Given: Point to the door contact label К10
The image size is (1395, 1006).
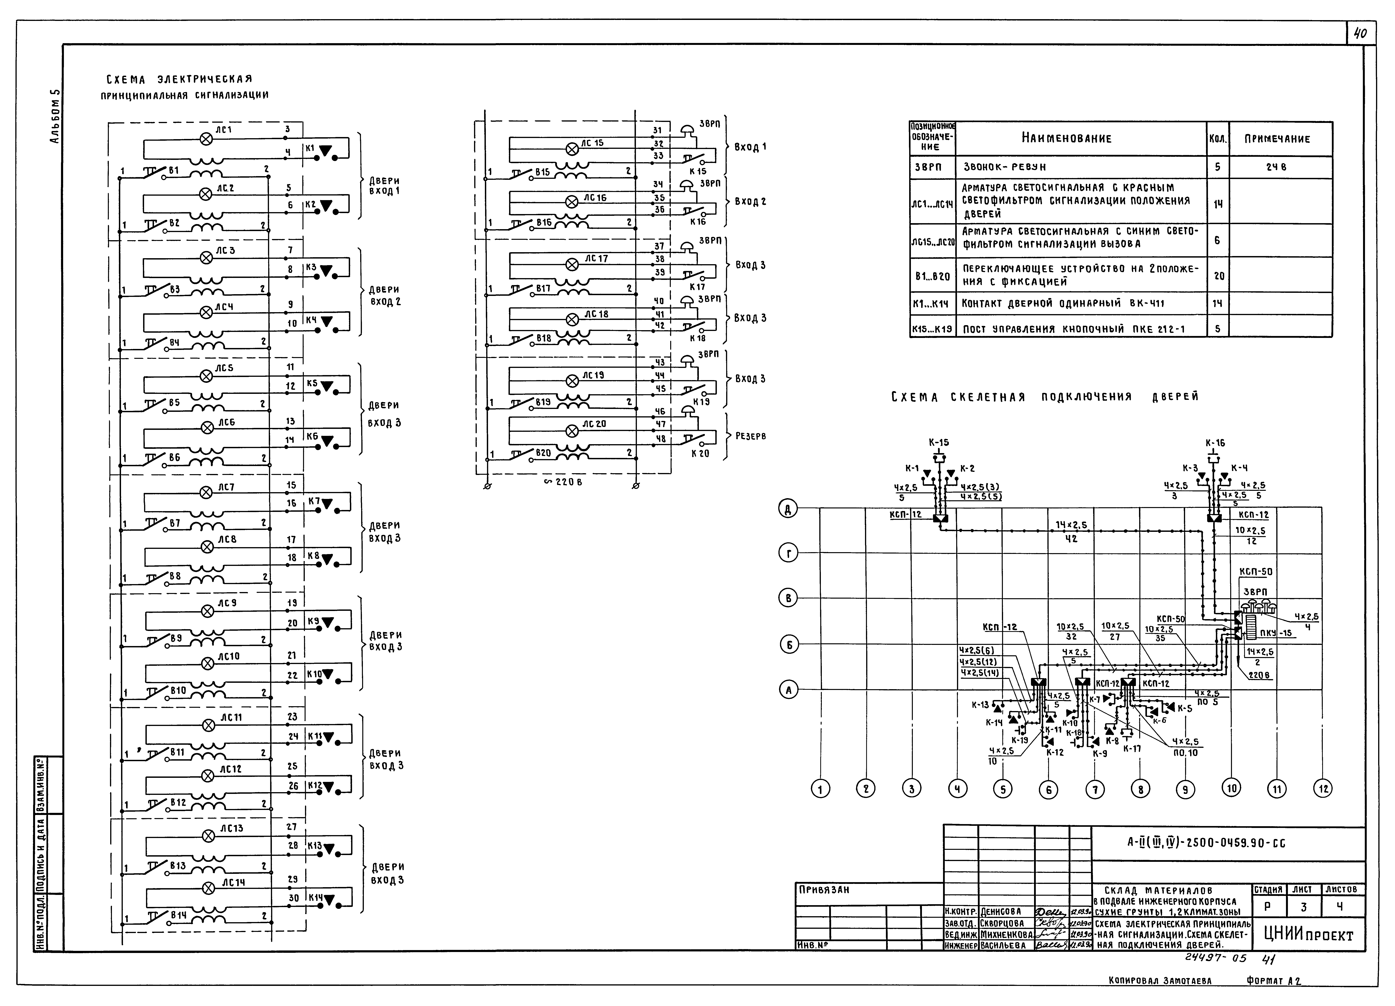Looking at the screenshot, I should click(314, 674).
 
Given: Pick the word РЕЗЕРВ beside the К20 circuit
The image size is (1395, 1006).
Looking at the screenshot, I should click(750, 436).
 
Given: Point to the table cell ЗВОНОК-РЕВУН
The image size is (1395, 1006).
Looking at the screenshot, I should click(1004, 167).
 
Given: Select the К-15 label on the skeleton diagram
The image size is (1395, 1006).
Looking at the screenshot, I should click(939, 442).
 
